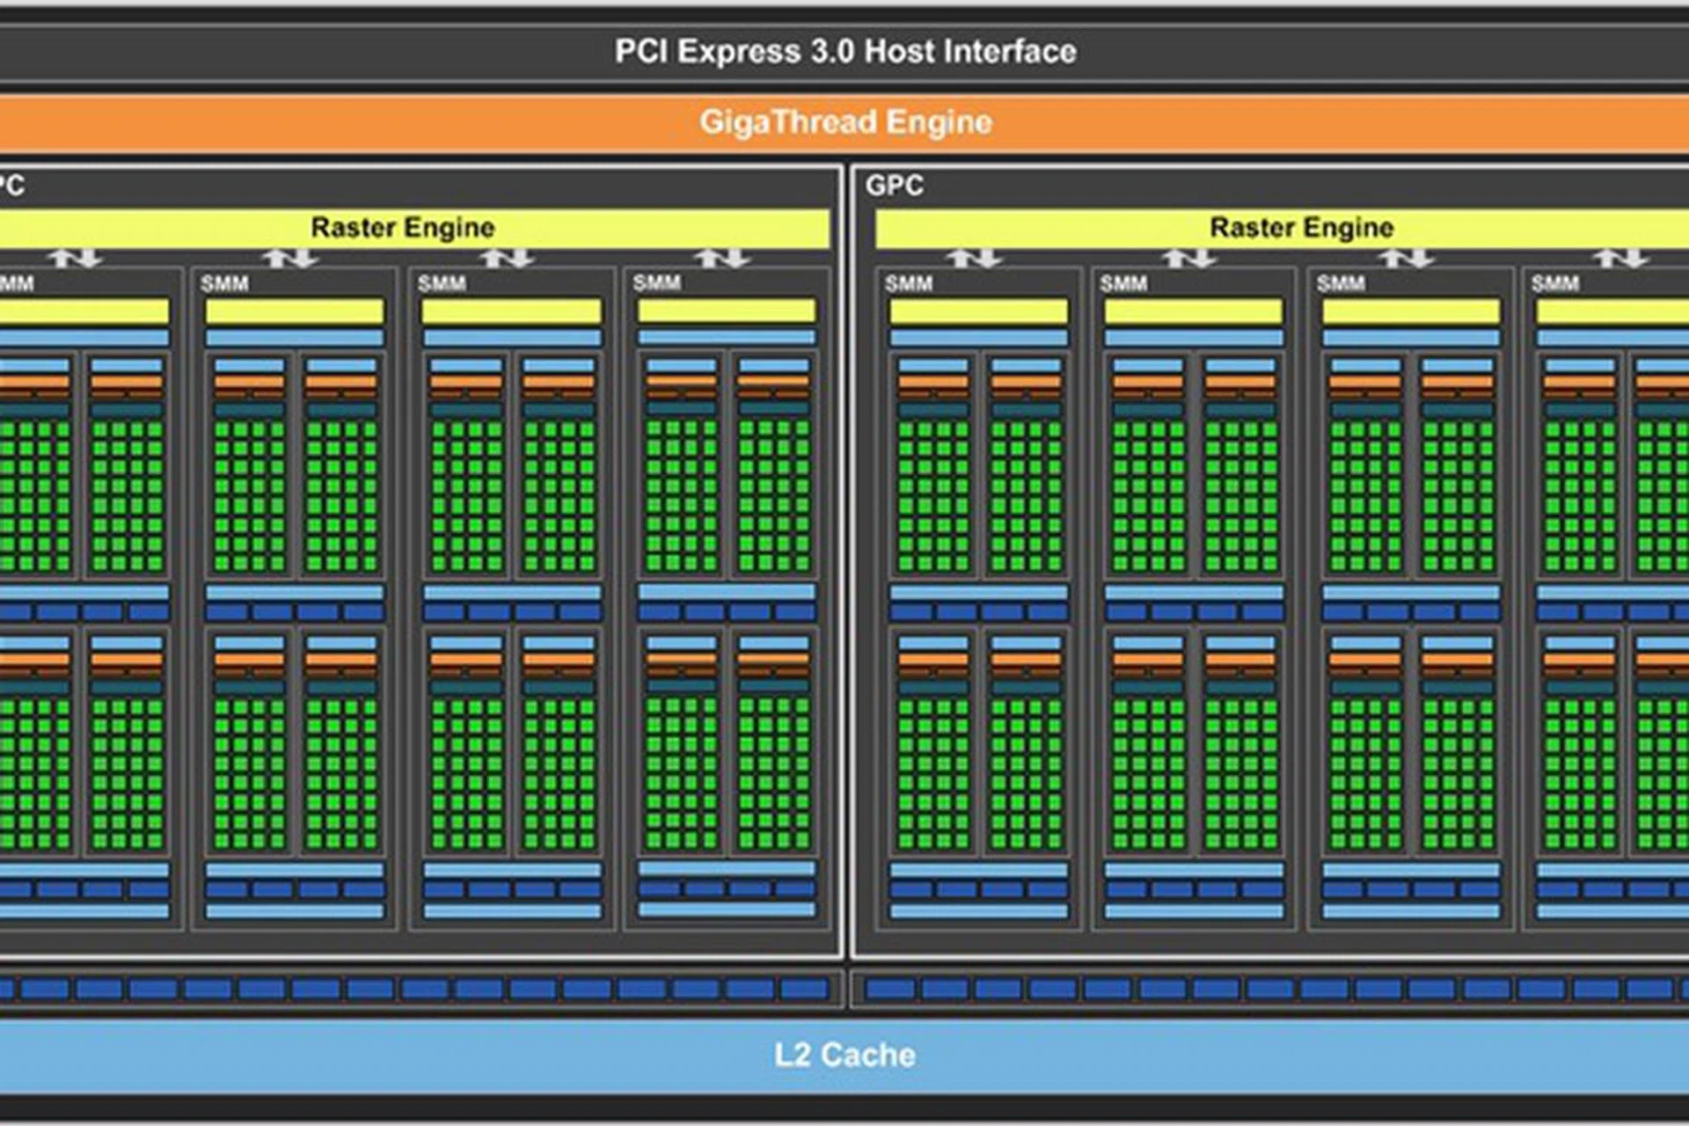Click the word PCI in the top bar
[x=641, y=51]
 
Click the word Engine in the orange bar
[x=939, y=121]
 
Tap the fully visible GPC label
[x=894, y=186]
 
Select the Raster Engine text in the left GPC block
[x=403, y=227]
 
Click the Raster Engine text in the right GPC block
[x=1302, y=227]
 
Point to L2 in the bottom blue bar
[x=792, y=1055]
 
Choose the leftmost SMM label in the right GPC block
[x=908, y=283]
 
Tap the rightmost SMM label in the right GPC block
[x=1554, y=283]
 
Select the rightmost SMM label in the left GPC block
[x=656, y=282]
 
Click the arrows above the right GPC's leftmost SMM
[x=973, y=258]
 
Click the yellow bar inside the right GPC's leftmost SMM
[x=978, y=311]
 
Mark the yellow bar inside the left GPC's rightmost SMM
[x=727, y=311]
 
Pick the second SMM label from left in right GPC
[x=1123, y=283]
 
